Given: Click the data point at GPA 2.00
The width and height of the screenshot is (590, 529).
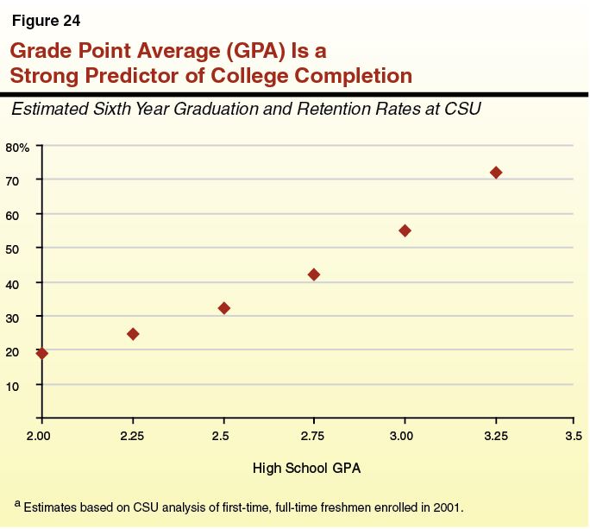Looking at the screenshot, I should pos(41,353).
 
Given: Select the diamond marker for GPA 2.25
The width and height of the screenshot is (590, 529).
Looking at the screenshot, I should pos(133,334).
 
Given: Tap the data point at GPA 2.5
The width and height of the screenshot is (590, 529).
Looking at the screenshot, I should pos(224,308).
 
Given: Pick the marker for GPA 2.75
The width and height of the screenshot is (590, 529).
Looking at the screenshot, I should pos(314,274).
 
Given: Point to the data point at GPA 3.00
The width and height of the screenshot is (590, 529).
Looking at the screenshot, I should pos(405,230).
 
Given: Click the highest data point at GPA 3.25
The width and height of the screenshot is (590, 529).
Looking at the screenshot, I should pos(496,173).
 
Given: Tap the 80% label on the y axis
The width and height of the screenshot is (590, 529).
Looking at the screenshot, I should pos(17,148).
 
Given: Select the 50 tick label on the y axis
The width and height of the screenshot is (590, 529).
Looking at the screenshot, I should pos(13,249).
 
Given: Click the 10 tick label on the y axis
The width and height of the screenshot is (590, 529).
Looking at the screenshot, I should pos(13,385).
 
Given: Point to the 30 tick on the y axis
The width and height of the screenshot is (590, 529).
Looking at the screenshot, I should pos(13,317).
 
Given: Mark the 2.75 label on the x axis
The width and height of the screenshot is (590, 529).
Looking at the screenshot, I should pos(314,435).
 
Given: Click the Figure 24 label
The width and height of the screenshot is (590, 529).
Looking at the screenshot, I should pos(46,21).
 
